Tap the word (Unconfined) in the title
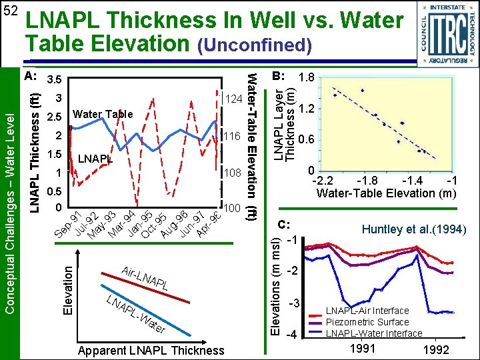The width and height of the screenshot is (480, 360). [x=253, y=45]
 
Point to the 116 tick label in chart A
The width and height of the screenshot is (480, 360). [x=232, y=136]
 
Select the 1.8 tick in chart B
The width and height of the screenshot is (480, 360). [x=307, y=77]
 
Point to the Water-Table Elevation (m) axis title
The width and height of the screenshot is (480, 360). [x=386, y=194]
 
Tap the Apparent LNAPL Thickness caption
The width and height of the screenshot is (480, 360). [x=151, y=351]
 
